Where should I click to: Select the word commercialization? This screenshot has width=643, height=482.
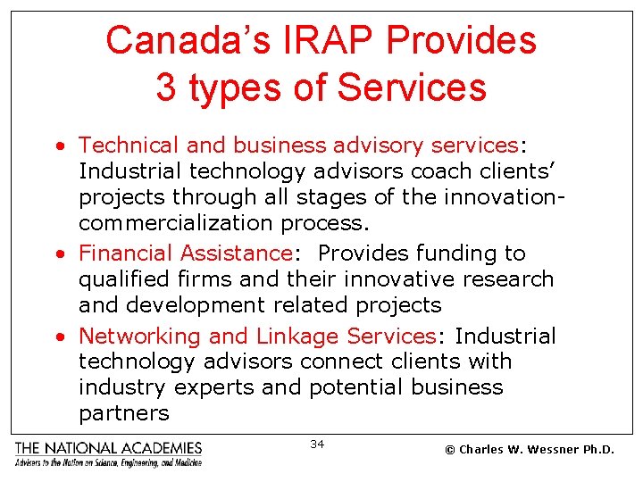point(176,221)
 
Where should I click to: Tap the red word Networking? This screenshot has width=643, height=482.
point(139,337)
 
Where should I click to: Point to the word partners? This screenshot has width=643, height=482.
point(123,413)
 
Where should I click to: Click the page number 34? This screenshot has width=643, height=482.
point(317,444)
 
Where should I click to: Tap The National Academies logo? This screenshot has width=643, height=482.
point(108,453)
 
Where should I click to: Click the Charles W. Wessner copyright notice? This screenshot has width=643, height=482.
point(530,450)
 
